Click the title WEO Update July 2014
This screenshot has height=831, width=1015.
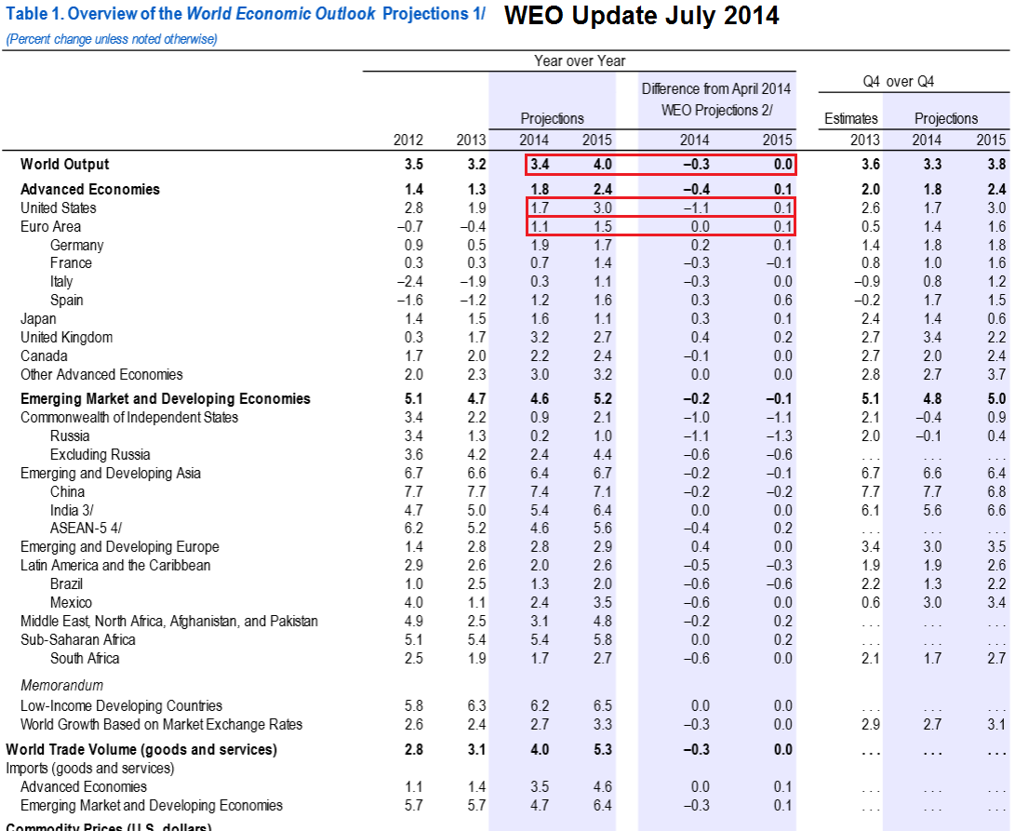coord(642,16)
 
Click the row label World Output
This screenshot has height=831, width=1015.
coord(65,165)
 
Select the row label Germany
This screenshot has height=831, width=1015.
coord(77,246)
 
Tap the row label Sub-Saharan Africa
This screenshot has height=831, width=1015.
coord(77,640)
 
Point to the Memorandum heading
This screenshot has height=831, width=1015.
coord(61,685)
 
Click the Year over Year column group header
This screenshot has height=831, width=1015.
coord(580,60)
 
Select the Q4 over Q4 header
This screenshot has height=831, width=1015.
coord(899,82)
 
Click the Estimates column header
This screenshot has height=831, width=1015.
coord(850,118)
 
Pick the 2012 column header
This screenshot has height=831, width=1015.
coord(408,140)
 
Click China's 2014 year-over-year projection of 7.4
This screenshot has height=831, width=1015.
coord(540,492)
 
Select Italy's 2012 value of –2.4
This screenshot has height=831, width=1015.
coord(409,282)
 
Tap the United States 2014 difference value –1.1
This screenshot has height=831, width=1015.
coord(696,208)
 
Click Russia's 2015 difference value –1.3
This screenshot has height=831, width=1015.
coord(779,436)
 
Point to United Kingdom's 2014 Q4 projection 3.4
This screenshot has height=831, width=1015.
coord(932,338)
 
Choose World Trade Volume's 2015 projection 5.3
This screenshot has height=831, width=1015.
coord(602,750)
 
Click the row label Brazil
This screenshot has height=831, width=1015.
coord(66,584)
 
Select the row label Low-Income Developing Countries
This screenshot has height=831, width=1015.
coord(121,706)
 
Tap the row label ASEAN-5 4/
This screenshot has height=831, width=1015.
coord(86,529)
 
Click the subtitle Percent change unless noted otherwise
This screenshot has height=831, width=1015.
coord(112,39)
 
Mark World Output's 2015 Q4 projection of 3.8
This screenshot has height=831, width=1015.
coord(996,165)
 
